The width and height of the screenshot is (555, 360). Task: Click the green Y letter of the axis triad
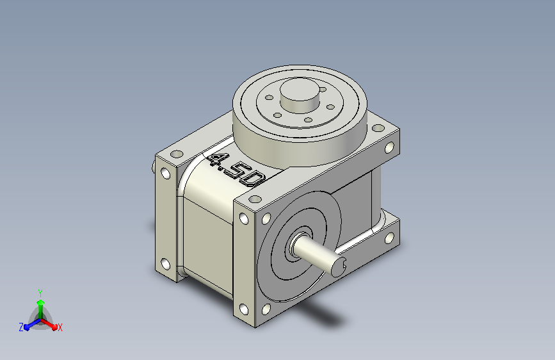pos(40,291)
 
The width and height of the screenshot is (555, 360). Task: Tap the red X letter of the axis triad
pos(60,327)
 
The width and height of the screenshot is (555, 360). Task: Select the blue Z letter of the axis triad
pos(21,327)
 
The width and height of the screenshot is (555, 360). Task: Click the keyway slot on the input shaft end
pos(344,262)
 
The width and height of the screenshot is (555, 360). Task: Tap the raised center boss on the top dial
pos(298,94)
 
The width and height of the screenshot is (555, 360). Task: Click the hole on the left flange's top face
pos(175,155)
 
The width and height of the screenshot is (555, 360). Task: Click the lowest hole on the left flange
pos(165,263)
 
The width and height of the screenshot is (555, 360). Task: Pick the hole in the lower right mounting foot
pos(389,240)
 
